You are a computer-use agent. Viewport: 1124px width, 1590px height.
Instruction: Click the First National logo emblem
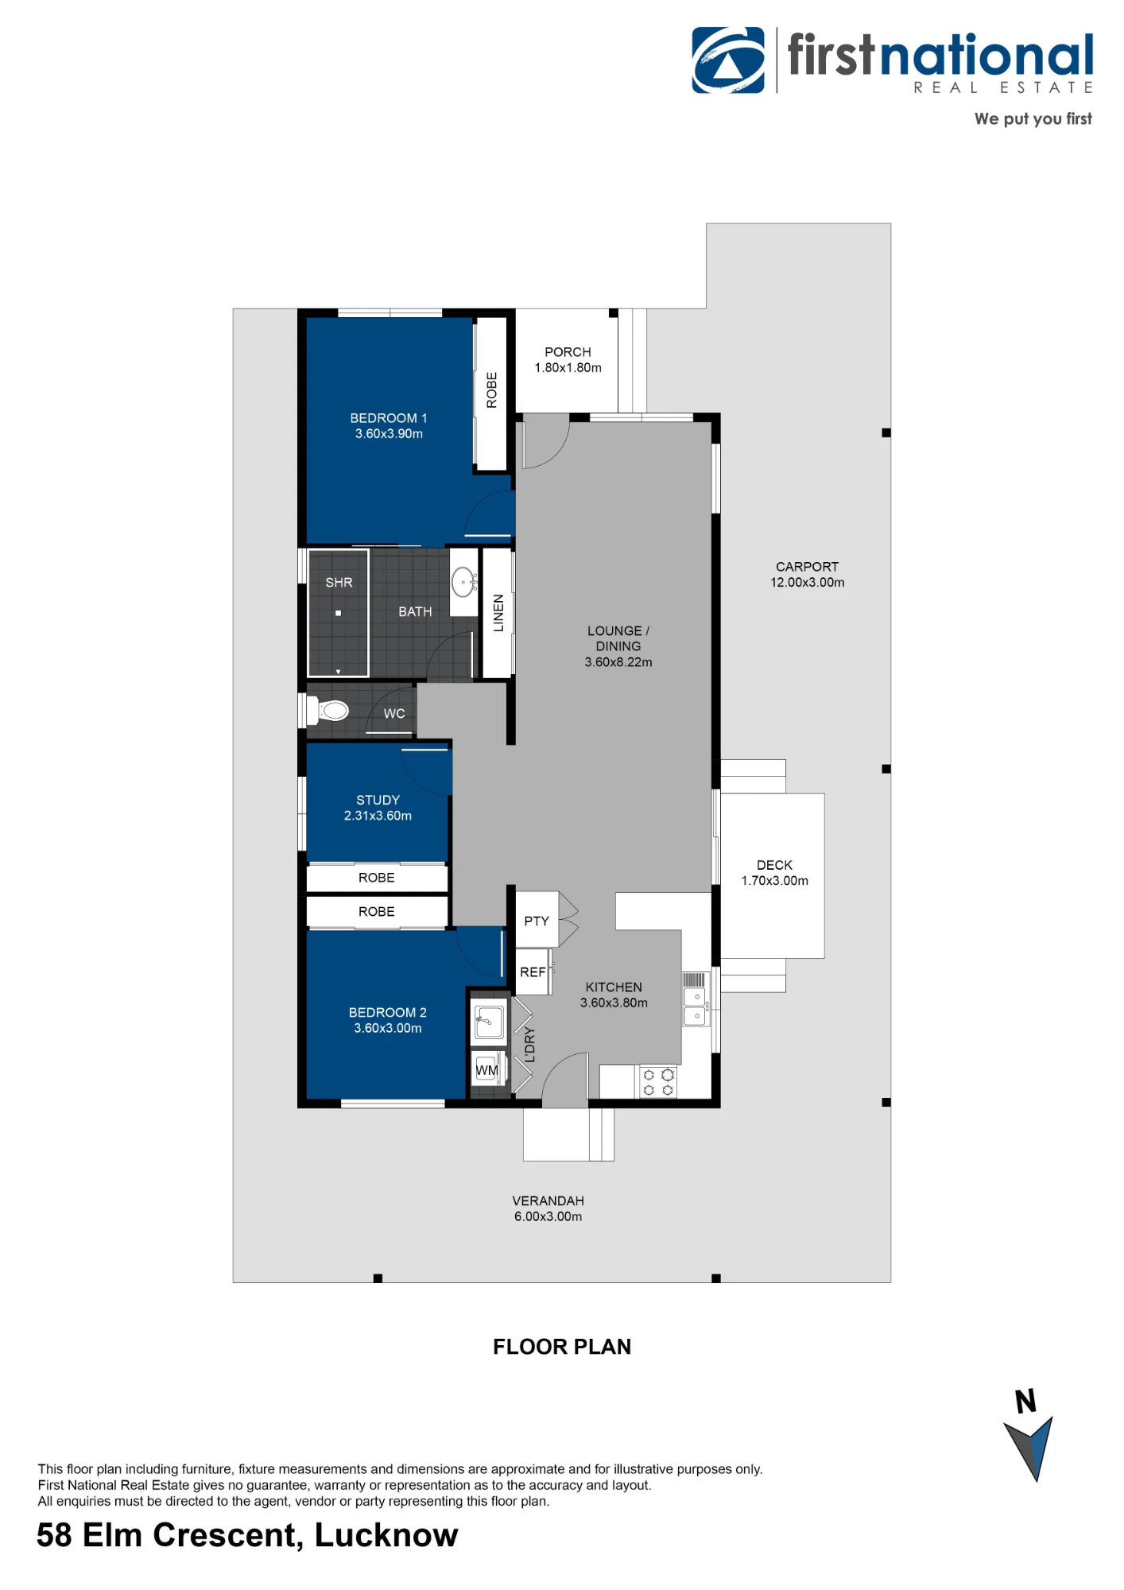(x=728, y=60)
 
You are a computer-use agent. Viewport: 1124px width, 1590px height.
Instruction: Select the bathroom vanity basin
(x=463, y=582)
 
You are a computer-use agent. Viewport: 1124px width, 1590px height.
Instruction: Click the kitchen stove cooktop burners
(x=658, y=1082)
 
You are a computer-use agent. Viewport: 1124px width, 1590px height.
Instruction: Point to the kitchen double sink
(x=696, y=1006)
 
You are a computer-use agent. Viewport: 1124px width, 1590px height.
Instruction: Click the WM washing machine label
(x=486, y=1070)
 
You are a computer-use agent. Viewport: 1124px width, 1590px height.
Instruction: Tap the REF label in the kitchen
(x=533, y=972)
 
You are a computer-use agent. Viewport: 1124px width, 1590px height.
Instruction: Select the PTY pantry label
(x=537, y=921)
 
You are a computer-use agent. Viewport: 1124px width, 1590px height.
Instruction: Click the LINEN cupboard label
(x=498, y=613)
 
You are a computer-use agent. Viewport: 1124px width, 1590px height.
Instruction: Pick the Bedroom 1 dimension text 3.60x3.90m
(x=389, y=433)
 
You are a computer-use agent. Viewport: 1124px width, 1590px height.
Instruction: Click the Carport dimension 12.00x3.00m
(x=807, y=582)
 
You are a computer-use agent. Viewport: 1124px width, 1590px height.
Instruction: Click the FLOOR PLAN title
(x=562, y=1347)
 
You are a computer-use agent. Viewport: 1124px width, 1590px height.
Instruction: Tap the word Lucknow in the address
(x=386, y=1535)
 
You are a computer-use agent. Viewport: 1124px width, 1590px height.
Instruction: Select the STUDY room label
(x=378, y=800)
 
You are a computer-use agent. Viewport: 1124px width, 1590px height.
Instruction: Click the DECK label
(x=774, y=865)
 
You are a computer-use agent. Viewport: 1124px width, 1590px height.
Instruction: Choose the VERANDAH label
(x=548, y=1200)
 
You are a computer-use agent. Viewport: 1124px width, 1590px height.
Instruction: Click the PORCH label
(x=568, y=351)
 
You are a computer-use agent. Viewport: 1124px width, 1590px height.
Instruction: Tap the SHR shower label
(x=339, y=583)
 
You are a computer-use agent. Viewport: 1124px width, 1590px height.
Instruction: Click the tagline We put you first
(x=1033, y=118)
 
